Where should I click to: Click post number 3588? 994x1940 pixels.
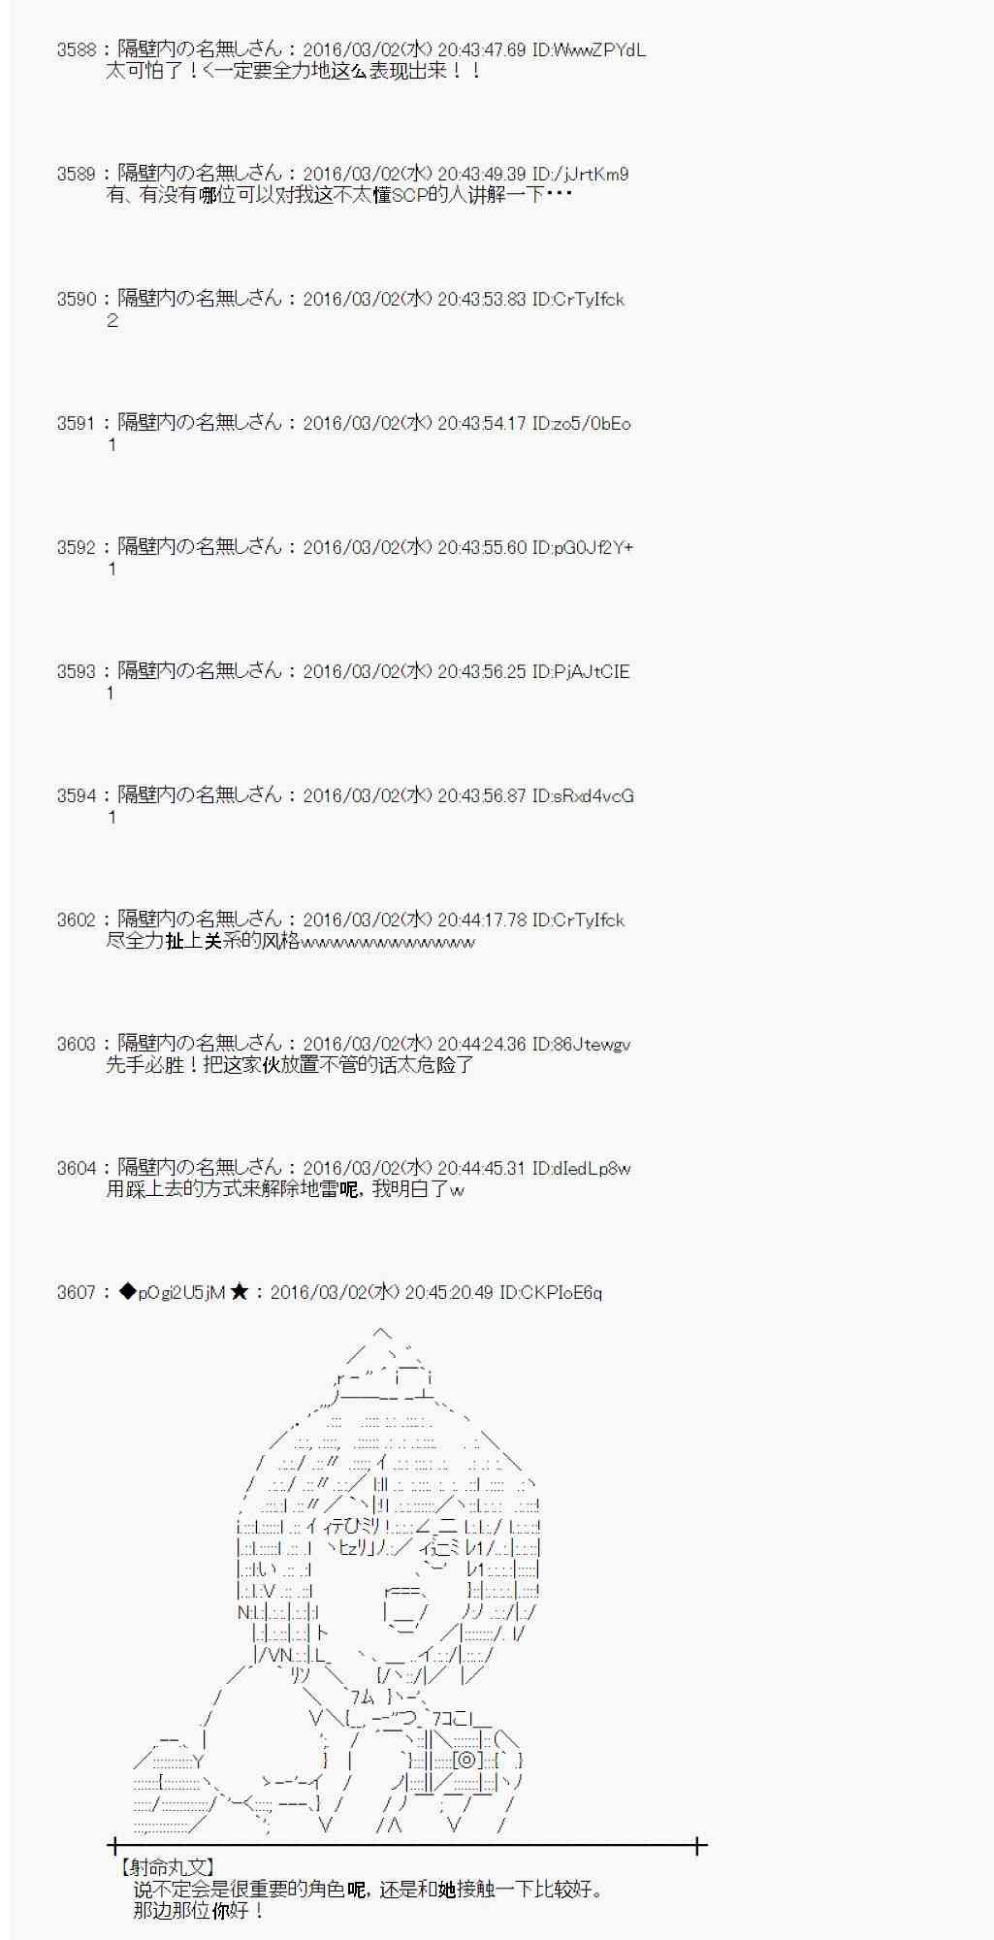(x=76, y=50)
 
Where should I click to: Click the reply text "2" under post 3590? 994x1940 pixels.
(x=112, y=321)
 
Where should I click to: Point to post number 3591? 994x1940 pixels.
(x=76, y=424)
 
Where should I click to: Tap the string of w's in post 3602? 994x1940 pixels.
(x=388, y=943)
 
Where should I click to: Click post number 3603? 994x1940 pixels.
(x=76, y=1045)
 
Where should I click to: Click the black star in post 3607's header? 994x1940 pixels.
(x=240, y=1292)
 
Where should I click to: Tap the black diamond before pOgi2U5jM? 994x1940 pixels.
(x=128, y=1292)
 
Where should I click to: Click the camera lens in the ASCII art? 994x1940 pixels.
(x=465, y=1760)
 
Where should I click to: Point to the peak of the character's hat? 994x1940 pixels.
(x=381, y=1334)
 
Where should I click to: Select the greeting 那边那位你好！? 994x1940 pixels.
(x=200, y=1911)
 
